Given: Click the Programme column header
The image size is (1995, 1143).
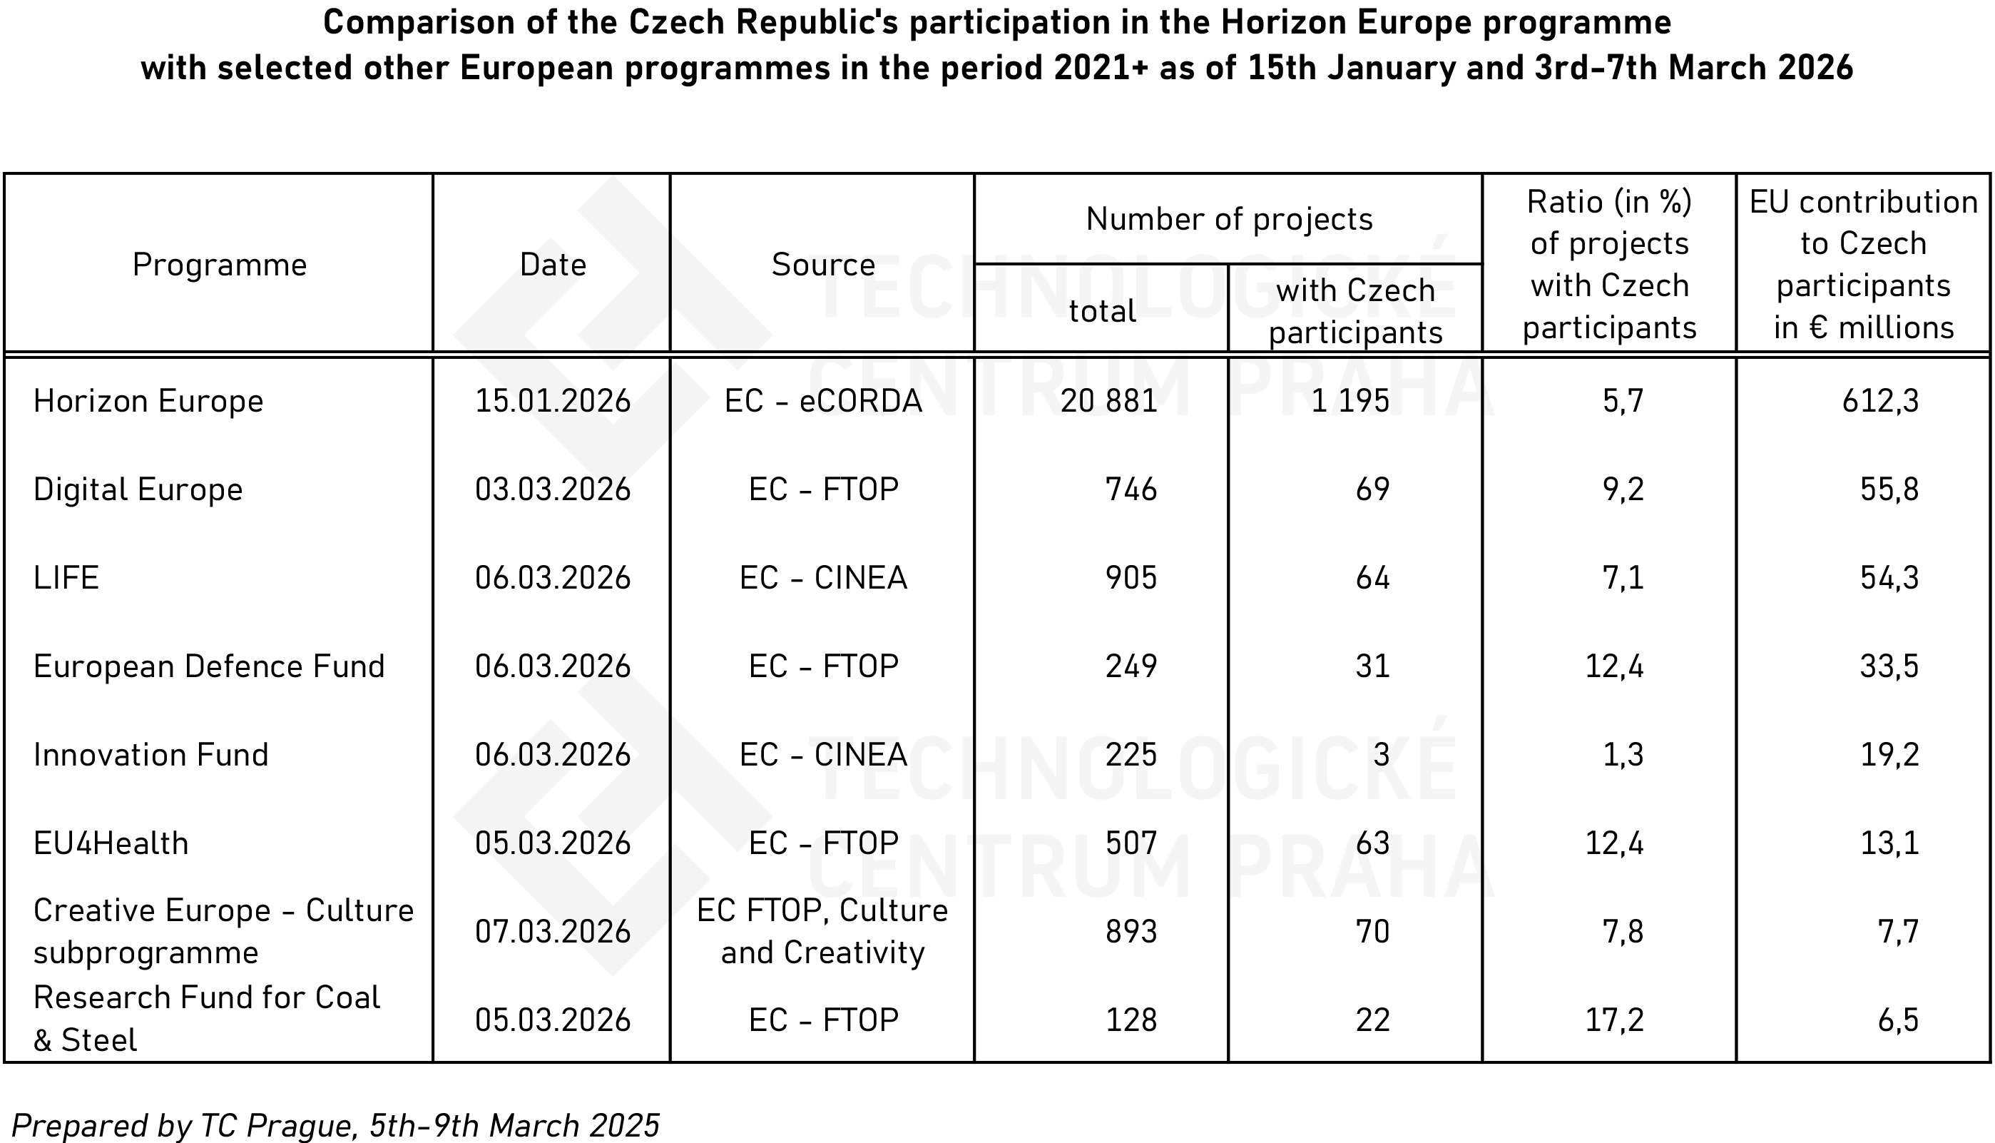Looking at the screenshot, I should (x=219, y=265).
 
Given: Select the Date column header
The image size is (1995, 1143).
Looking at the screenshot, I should (x=553, y=265).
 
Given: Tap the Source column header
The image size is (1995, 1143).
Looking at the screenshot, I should (x=822, y=265).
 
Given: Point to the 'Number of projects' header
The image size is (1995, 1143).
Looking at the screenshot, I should (x=1229, y=219).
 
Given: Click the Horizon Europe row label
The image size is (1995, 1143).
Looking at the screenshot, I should (x=148, y=401).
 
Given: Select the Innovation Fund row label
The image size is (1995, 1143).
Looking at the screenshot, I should (x=150, y=754).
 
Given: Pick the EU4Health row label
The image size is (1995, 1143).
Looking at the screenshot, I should (x=111, y=843).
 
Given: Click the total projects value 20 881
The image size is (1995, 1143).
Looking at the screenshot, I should (x=1108, y=401).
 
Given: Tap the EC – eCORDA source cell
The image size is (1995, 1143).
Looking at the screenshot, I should (x=822, y=401).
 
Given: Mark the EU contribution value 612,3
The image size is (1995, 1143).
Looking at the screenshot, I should (x=1879, y=401).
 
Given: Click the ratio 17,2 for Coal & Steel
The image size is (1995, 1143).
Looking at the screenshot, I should (x=1613, y=1020).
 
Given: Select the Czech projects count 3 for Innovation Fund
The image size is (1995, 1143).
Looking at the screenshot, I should (x=1382, y=754).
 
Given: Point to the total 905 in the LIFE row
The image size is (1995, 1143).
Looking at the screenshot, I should (x=1131, y=578).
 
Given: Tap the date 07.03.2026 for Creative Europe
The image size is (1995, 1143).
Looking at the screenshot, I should (x=553, y=932).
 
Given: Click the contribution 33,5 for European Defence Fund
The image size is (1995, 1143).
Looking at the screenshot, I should (x=1889, y=666).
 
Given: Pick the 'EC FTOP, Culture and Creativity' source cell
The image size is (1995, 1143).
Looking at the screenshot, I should (x=822, y=932).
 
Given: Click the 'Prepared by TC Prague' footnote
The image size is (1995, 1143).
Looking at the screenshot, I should (x=335, y=1126).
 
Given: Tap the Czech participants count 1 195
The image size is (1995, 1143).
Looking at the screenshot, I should (x=1350, y=401).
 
